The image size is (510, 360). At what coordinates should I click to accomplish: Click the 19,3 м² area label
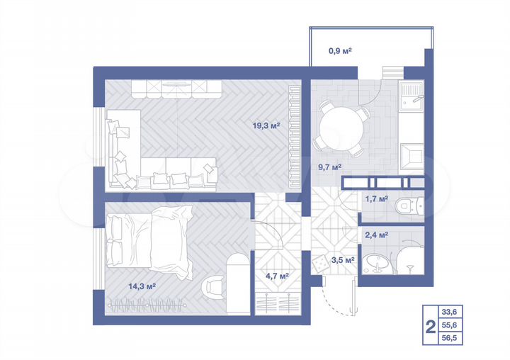coord(266,125)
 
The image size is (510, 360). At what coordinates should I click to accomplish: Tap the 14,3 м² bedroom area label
coord(142,286)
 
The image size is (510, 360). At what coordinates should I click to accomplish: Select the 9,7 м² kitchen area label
coord(329,167)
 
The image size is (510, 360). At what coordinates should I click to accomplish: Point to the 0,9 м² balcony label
coord(340,50)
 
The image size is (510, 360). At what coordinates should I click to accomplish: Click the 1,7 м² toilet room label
coord(375,199)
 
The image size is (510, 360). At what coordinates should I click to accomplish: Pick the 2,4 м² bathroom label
coord(375,235)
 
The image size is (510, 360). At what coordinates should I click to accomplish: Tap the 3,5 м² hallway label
coord(343,260)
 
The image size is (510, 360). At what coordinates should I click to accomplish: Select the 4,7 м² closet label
coord(276,276)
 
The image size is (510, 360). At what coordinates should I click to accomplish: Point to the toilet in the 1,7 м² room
coord(409,206)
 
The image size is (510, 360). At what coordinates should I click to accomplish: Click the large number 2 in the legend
coord(429,327)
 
